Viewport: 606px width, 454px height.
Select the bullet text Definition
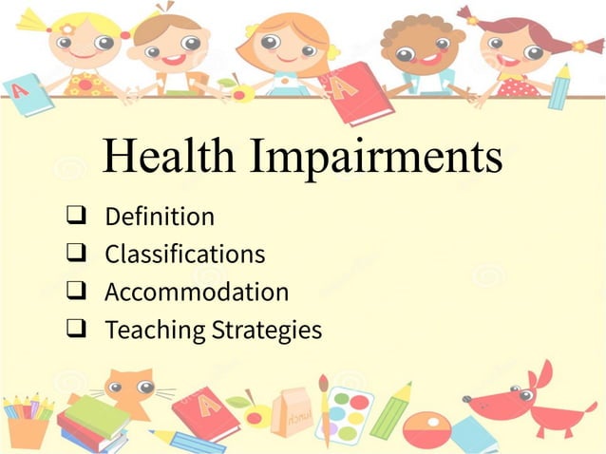coord(160,218)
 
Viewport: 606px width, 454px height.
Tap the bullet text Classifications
coord(184,255)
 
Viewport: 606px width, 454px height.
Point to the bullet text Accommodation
coord(197,293)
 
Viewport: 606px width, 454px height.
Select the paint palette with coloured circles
coord(343,414)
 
